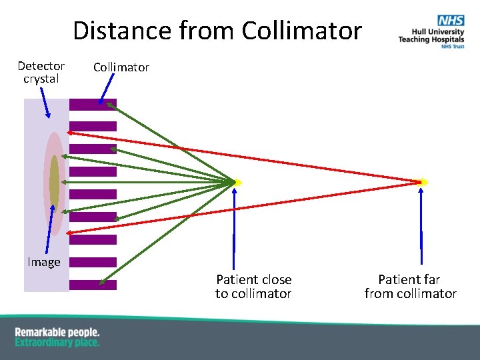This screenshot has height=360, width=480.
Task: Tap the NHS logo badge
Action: (x=451, y=21)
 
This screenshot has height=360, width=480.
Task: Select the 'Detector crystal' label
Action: (x=41, y=72)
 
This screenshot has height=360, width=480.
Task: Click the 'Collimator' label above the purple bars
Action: (x=121, y=67)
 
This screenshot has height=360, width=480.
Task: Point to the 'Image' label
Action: (x=44, y=262)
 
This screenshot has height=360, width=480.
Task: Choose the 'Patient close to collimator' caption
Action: (x=253, y=286)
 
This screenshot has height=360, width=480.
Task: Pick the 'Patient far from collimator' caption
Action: (x=410, y=286)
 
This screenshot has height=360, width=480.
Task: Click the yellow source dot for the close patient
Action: (x=237, y=182)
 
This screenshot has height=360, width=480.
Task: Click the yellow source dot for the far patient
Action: (x=423, y=181)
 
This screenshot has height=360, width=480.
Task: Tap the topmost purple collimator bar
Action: (x=93, y=104)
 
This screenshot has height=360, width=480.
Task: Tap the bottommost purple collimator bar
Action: (x=93, y=285)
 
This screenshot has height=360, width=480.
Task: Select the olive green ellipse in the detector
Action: (x=54, y=181)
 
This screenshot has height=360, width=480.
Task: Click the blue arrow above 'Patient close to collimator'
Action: (x=234, y=227)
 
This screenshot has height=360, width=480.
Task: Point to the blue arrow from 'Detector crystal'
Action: (x=45, y=103)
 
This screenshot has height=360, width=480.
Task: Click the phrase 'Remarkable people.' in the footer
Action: (x=57, y=332)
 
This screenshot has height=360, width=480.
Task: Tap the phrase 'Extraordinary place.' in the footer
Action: (x=57, y=343)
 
